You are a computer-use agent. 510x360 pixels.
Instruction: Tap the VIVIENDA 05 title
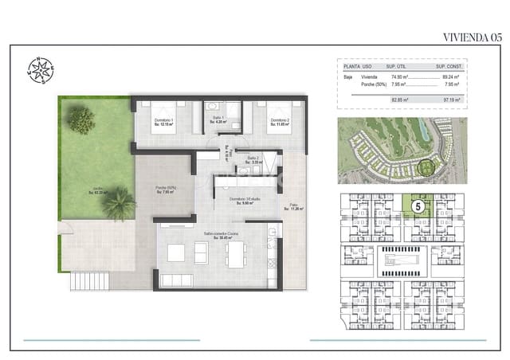tap(472, 37)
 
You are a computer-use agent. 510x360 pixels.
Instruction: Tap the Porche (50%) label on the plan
tap(166, 190)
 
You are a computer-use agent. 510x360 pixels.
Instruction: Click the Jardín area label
tap(100, 191)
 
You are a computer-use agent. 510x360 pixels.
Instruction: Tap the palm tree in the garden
tap(118, 202)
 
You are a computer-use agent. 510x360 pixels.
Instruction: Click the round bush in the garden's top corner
tap(80, 120)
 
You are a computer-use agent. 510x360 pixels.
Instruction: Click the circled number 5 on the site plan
tap(418, 205)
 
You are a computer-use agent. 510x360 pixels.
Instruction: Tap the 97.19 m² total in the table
tap(455, 100)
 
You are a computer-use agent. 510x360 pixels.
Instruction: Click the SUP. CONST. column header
tap(454, 67)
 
